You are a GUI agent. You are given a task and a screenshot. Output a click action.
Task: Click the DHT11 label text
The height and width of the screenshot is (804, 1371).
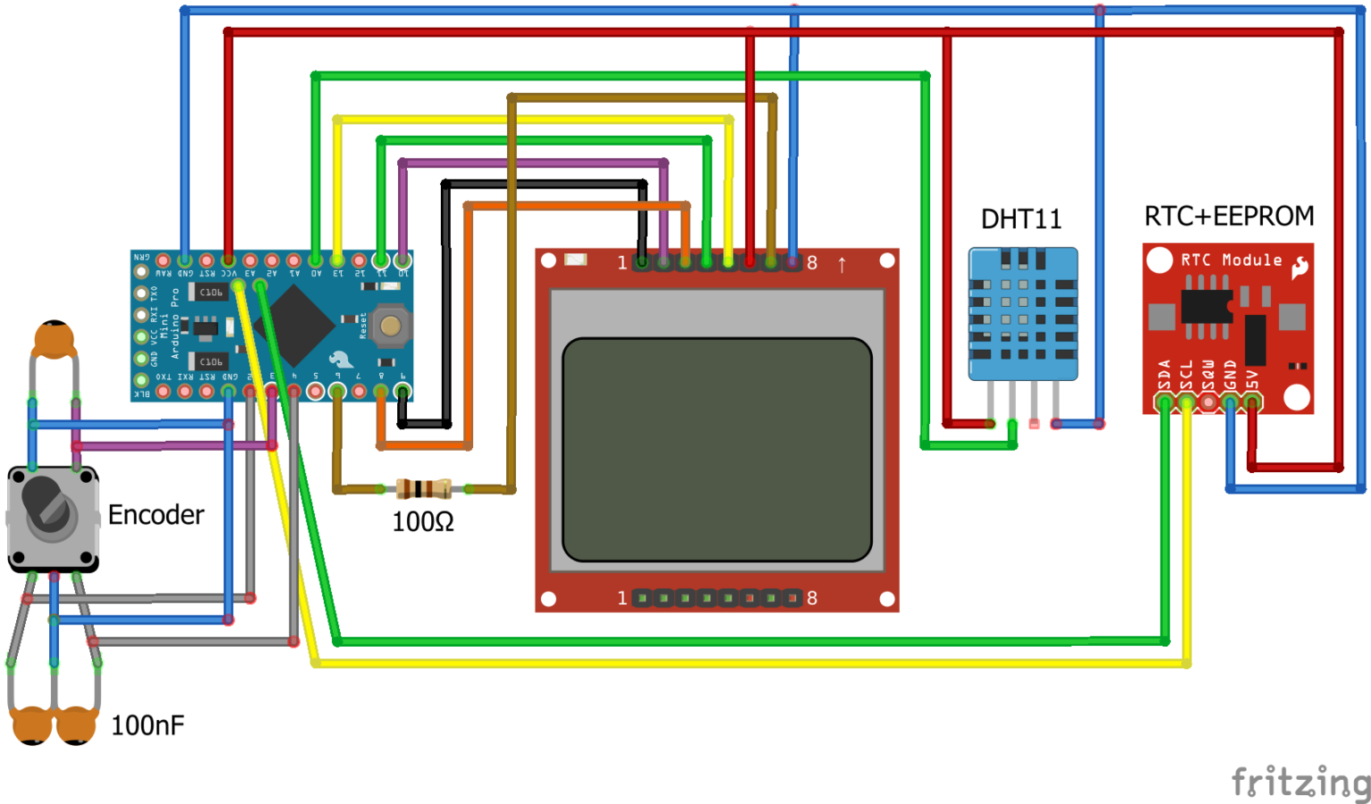click(x=1021, y=220)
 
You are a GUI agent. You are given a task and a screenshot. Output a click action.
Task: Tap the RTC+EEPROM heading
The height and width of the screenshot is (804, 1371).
click(x=1229, y=217)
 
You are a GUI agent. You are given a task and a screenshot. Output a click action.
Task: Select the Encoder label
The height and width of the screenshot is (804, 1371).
click(x=156, y=515)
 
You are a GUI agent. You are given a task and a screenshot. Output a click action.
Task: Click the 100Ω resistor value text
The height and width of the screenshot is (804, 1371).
click(x=423, y=522)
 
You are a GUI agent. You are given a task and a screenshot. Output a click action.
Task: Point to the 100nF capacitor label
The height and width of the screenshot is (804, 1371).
click(x=147, y=725)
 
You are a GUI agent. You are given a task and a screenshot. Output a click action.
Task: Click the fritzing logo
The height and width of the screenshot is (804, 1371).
click(x=1300, y=782)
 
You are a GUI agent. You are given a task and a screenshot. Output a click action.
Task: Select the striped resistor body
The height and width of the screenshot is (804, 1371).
click(x=423, y=489)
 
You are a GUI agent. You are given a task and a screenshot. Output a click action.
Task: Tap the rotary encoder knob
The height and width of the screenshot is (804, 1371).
click(x=48, y=507)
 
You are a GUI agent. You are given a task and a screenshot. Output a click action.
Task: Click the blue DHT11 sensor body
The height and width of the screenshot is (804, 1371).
click(x=1023, y=314)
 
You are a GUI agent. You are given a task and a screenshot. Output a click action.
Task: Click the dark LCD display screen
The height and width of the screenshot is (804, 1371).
click(x=717, y=449)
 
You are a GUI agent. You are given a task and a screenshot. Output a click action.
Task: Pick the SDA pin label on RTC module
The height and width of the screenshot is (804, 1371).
click(x=1164, y=375)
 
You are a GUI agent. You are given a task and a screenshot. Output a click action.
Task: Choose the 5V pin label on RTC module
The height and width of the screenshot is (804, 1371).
click(x=1252, y=378)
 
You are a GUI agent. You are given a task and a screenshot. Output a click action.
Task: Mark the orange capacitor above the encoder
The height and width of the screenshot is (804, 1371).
click(x=54, y=340)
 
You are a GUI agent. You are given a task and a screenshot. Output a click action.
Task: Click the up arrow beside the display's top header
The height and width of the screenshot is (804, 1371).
click(x=841, y=264)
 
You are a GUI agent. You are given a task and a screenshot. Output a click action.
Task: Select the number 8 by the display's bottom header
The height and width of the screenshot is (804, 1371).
click(x=812, y=598)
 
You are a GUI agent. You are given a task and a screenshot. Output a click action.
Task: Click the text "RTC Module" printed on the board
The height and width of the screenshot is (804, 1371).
click(x=1232, y=261)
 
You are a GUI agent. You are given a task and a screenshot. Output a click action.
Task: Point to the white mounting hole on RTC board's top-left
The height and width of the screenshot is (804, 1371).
click(x=1159, y=261)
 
